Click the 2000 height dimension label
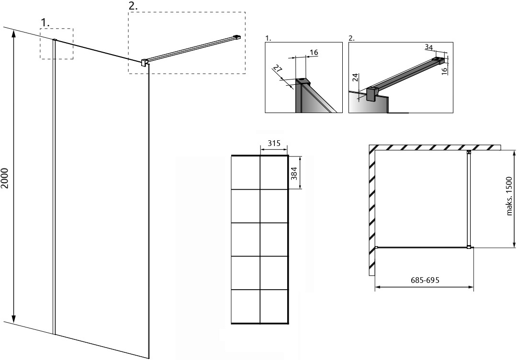point(4,179)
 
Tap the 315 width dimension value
point(274,143)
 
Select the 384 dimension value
point(294,173)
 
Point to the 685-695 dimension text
point(425,280)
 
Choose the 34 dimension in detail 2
point(428,47)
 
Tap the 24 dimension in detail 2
point(355,78)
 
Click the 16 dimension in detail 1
point(314,52)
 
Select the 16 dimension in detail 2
point(444,70)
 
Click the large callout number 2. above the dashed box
point(133,6)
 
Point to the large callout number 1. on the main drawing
point(45,22)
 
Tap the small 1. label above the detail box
point(269,38)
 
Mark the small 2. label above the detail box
point(352,38)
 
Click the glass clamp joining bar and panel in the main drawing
point(144,62)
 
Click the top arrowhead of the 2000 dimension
point(13,34)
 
